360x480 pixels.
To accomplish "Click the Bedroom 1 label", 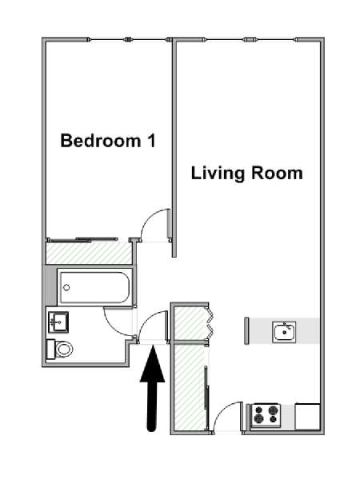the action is [108, 141].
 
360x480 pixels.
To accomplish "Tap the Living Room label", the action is [246, 173].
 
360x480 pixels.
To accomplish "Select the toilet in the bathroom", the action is [59, 349].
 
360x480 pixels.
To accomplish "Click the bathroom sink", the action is [58, 322].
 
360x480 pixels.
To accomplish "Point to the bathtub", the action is [94, 287].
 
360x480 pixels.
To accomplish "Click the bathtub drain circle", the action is [66, 287].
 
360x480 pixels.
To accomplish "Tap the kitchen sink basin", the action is [284, 332].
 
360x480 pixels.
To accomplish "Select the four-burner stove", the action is [266, 415].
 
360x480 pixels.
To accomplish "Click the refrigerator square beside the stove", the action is [307, 417].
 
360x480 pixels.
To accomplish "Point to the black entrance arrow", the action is [153, 388].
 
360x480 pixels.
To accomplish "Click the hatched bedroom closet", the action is [89, 253].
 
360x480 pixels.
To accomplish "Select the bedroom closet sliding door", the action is [82, 239].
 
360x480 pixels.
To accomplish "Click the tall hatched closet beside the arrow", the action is [189, 386].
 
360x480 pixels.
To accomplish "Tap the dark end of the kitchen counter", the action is [246, 331].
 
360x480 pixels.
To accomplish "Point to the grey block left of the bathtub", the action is [51, 286].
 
